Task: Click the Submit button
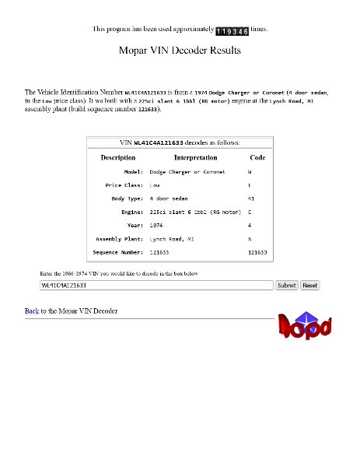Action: pyautogui.click(x=287, y=286)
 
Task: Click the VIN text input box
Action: pyautogui.click(x=156, y=286)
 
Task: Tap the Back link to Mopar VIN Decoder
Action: pyautogui.click(x=32, y=311)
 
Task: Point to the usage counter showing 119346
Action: pyautogui.click(x=232, y=30)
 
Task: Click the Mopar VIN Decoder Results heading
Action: pyautogui.click(x=180, y=51)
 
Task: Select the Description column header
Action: pyautogui.click(x=117, y=157)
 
